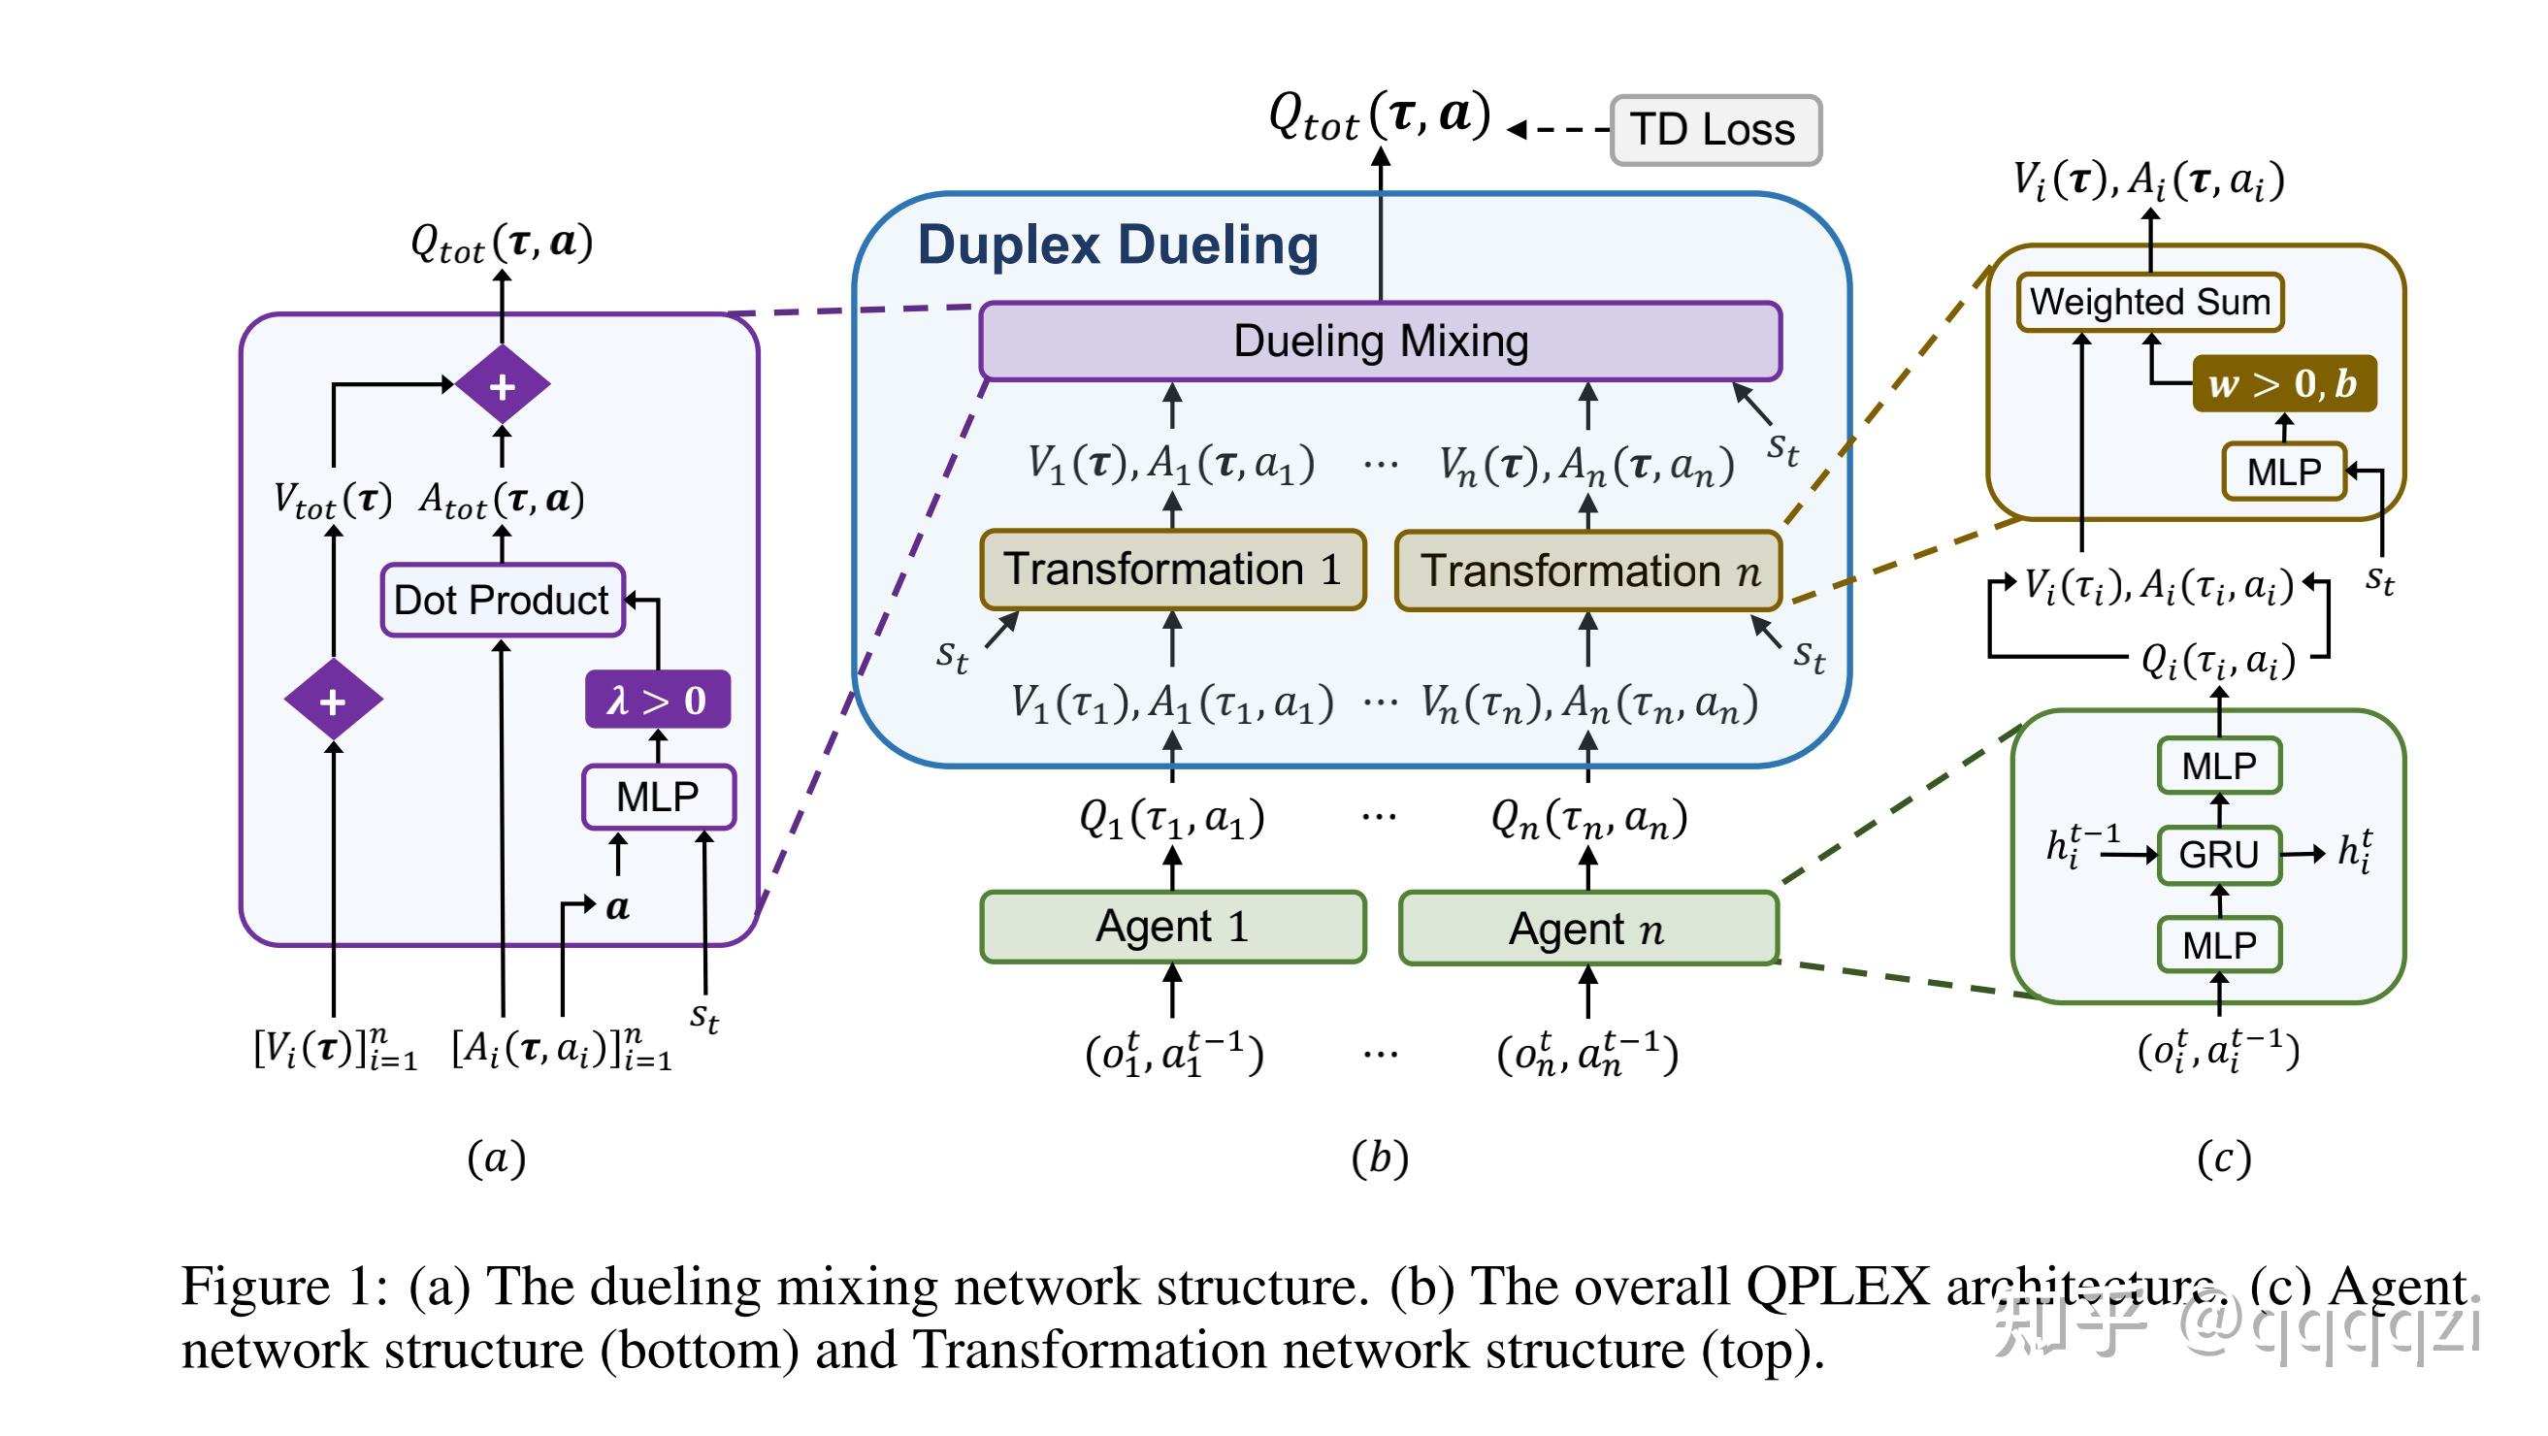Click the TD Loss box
[x=1715, y=130]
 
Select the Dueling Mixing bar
[x=1380, y=342]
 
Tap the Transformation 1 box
[x=1172, y=570]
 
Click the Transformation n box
[x=1588, y=571]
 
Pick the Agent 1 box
[x=1172, y=927]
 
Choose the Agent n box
[x=1588, y=929]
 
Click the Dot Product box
[x=502, y=601]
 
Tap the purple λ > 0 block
[x=657, y=701]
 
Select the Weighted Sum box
[x=2149, y=302]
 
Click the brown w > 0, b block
[x=2283, y=383]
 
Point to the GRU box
[x=2219, y=855]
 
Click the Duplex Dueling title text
[x=1118, y=245]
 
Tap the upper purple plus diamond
[x=503, y=386]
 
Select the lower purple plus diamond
[x=334, y=702]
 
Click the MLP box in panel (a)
[x=658, y=798]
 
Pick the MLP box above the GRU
[x=2219, y=767]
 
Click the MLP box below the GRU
[x=2219, y=946]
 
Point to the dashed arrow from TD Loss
[x=1561, y=130]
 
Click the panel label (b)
[x=1380, y=1159]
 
